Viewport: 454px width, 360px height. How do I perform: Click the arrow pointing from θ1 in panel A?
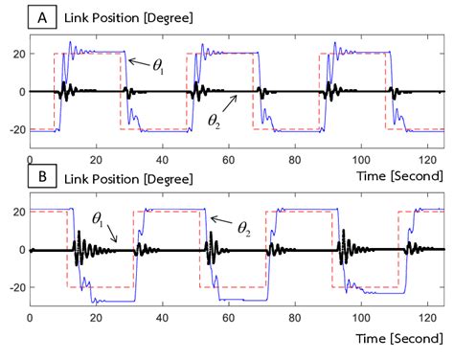pyautogui.click(x=138, y=61)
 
